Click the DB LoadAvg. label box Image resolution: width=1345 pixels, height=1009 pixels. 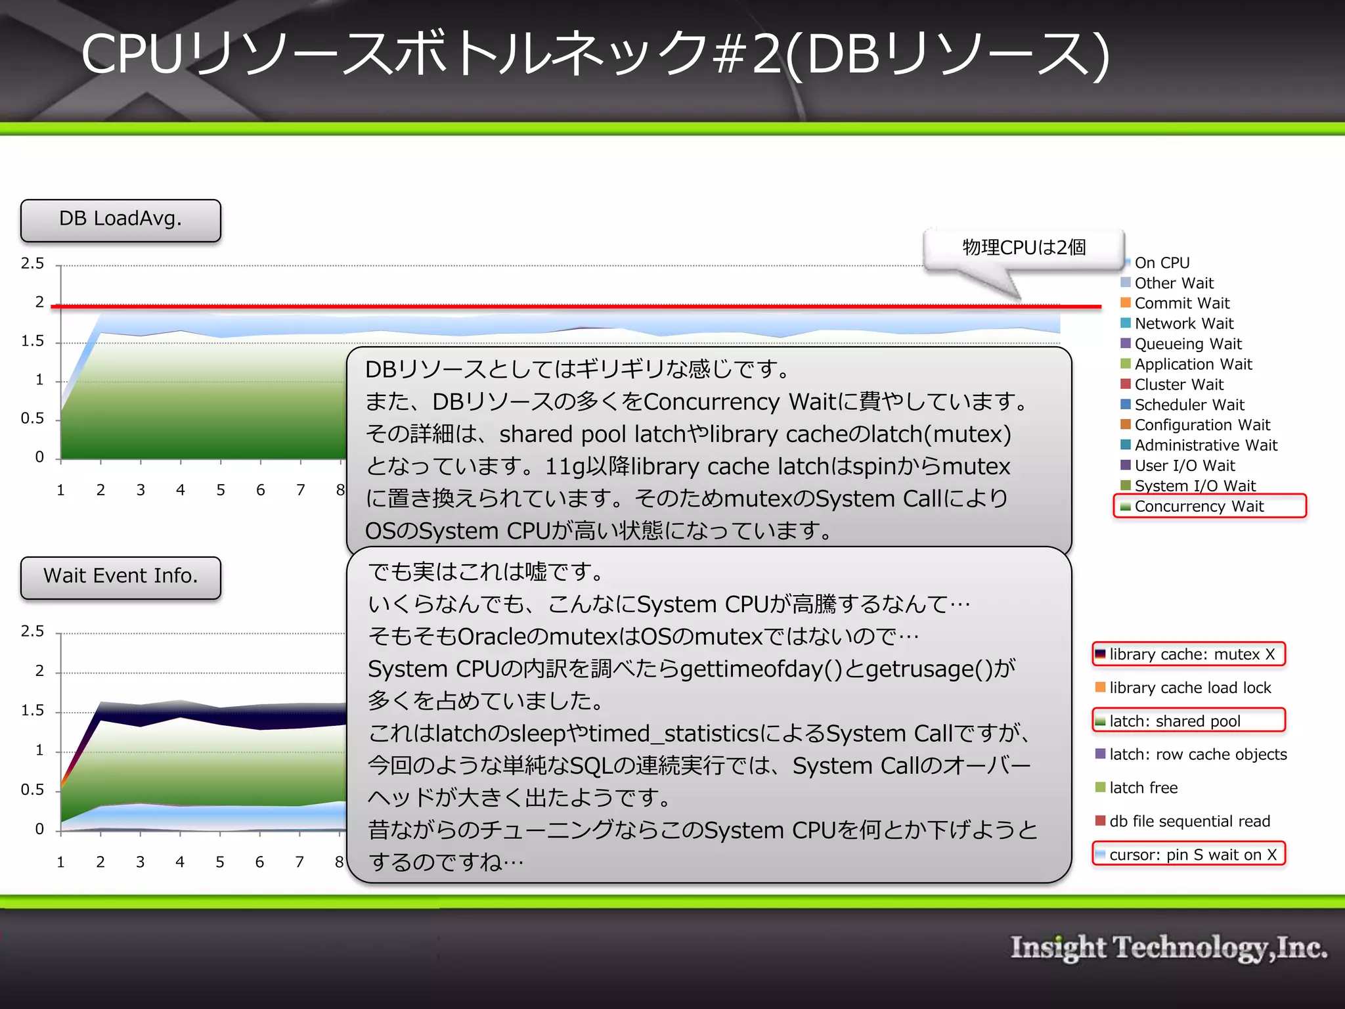click(x=120, y=220)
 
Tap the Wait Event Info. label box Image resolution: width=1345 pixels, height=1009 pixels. click(x=120, y=577)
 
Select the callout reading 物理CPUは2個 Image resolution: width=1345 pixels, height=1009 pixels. click(x=1023, y=248)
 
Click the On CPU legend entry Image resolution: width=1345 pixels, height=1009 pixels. click(x=1161, y=263)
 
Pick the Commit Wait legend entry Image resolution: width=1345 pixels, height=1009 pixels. click(x=1181, y=303)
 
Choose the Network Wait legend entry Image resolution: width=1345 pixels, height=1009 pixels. click(x=1183, y=324)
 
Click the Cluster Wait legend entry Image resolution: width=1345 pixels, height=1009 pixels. click(x=1178, y=385)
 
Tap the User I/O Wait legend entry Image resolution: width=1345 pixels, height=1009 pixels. click(x=1184, y=466)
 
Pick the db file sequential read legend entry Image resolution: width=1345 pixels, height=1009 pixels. click(x=1189, y=821)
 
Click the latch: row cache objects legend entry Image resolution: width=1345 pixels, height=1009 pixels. click(x=1197, y=755)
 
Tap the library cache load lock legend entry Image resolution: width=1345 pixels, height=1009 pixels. click(x=1189, y=688)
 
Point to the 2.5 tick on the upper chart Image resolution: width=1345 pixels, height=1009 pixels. click(x=32, y=264)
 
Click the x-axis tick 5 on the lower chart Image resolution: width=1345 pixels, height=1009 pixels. click(x=220, y=862)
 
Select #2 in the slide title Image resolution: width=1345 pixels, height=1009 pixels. click(x=749, y=54)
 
